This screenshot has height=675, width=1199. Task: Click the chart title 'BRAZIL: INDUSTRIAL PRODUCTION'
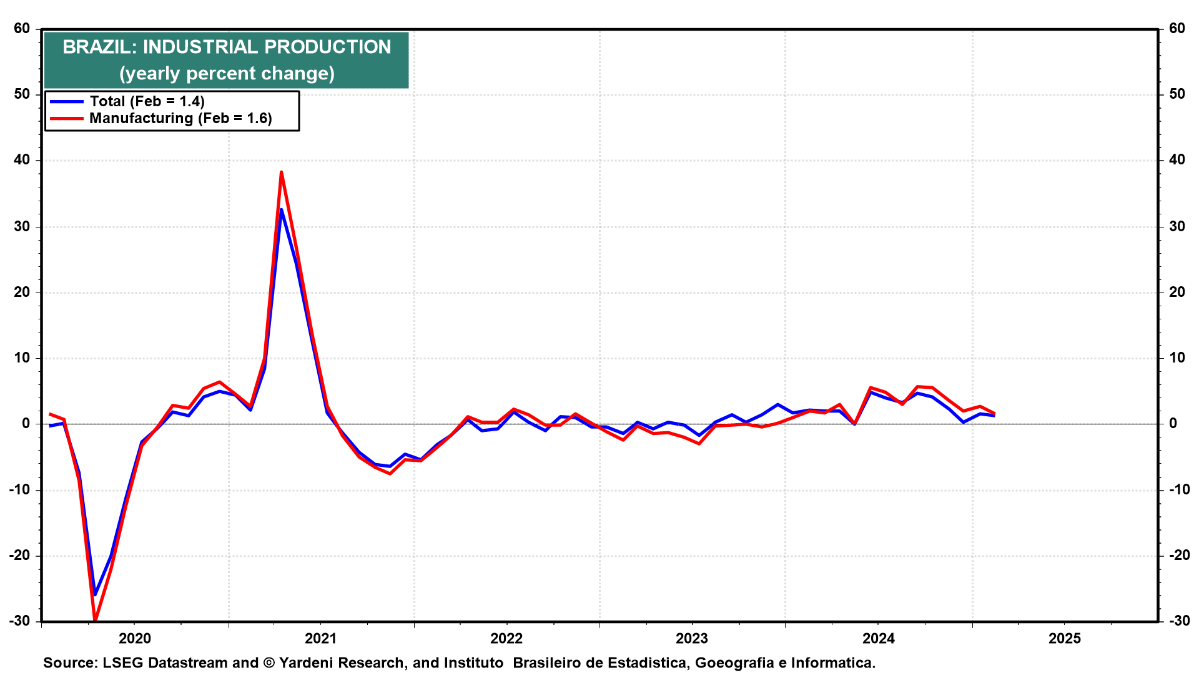[x=227, y=47]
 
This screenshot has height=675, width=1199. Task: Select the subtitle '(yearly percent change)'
[x=227, y=73]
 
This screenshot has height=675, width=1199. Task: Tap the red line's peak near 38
[x=281, y=172]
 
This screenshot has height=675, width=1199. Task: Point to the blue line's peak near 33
[x=281, y=209]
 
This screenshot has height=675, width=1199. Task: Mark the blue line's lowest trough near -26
[x=95, y=594]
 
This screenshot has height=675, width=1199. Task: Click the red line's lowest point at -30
[x=95, y=620]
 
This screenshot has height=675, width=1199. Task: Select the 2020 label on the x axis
[x=135, y=638]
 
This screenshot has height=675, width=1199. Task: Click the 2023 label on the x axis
[x=692, y=638]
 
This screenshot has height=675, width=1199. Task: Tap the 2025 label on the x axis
[x=1065, y=638]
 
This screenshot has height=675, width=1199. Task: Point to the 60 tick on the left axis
[x=22, y=28]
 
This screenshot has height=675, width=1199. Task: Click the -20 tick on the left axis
[x=19, y=555]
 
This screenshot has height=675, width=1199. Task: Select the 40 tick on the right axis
[x=1177, y=160]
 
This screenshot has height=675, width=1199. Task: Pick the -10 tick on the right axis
[x=1179, y=489]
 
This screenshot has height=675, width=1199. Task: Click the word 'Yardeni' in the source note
[x=308, y=662]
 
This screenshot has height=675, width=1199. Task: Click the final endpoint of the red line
[x=994, y=413]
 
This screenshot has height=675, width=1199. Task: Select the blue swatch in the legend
[x=67, y=101]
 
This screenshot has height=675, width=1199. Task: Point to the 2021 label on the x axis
[x=320, y=638]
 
